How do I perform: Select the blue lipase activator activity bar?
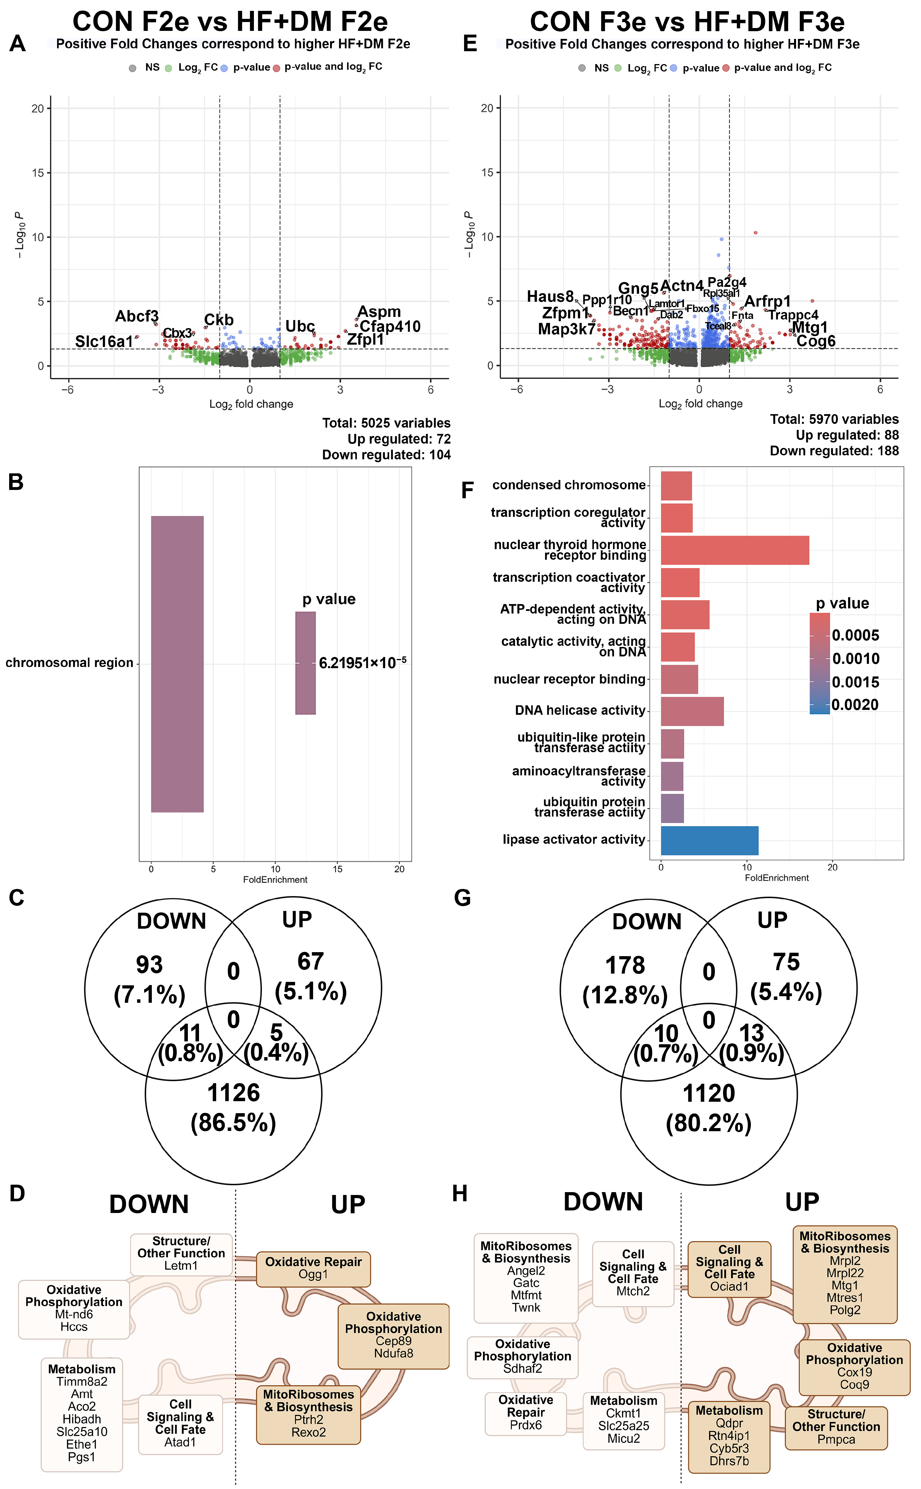point(709,840)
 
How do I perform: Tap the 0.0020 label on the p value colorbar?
point(855,705)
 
